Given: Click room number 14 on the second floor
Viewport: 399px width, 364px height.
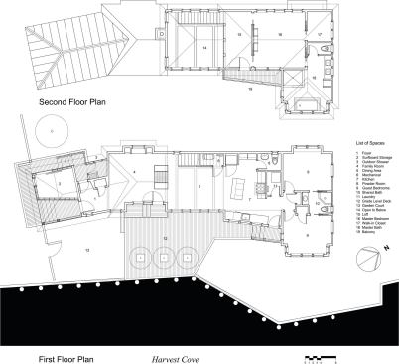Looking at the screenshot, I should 202,47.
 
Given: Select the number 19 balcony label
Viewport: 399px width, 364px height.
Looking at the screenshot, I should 251,89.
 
